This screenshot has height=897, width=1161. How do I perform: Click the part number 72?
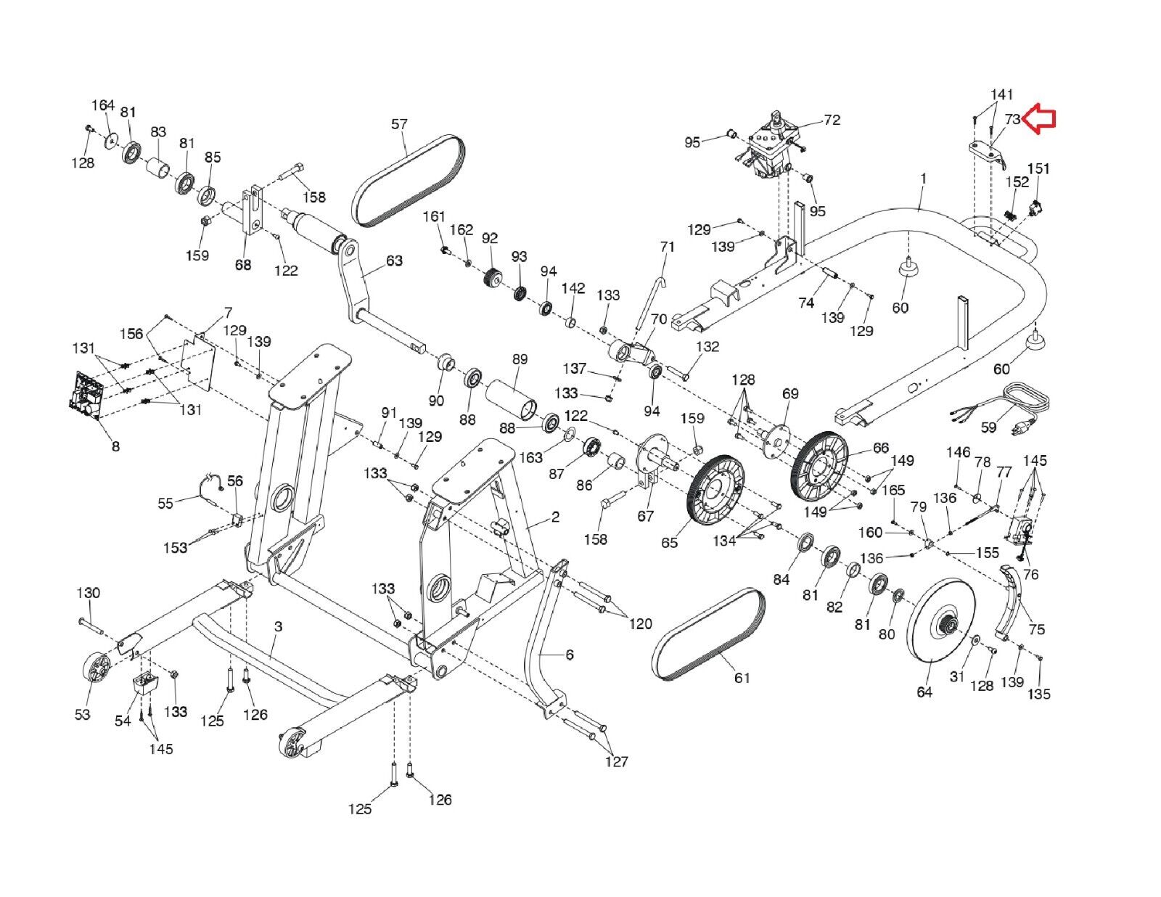[832, 120]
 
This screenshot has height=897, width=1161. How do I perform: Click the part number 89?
[520, 359]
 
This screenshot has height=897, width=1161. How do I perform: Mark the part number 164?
[102, 105]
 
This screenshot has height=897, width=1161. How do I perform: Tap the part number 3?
[278, 626]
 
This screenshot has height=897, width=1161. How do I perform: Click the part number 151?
[1038, 169]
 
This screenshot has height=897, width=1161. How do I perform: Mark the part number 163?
[530, 457]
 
